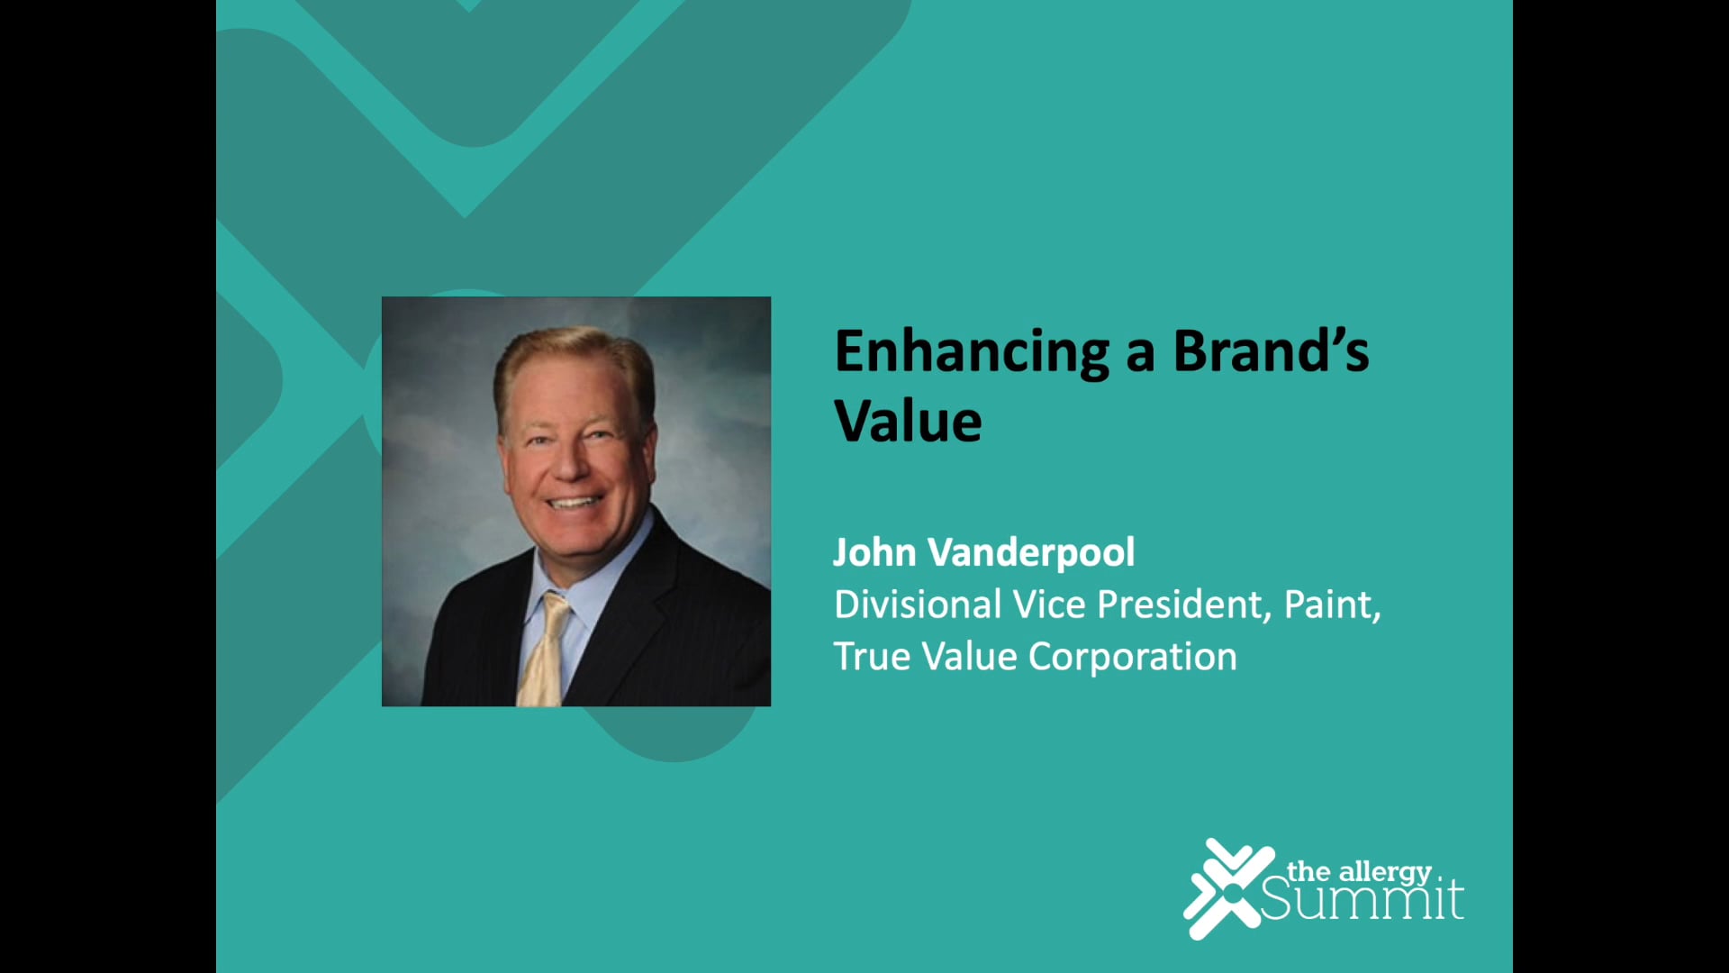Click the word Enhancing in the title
(971, 352)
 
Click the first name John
(874, 552)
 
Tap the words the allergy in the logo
(1359, 871)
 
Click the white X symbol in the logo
(1227, 888)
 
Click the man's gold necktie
(544, 653)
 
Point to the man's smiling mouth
(573, 502)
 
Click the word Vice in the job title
(1049, 605)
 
